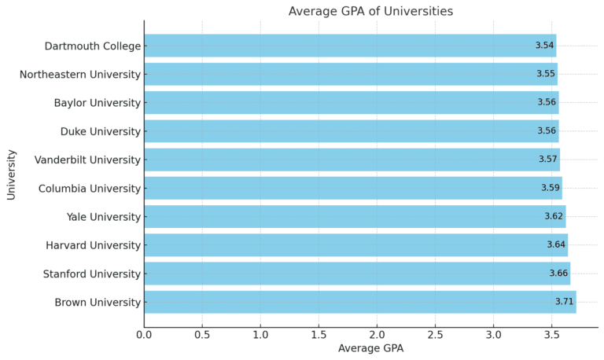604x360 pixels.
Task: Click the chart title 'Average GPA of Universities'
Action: click(370, 11)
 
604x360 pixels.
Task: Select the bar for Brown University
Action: click(359, 303)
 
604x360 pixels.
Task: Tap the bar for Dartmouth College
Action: click(349, 46)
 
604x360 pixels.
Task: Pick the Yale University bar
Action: click(354, 217)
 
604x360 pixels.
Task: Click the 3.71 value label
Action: click(564, 303)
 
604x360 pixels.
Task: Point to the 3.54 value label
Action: click(544, 46)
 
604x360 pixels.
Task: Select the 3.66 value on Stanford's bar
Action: click(558, 274)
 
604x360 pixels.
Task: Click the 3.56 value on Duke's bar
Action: click(547, 131)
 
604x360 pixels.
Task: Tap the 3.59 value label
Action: click(551, 189)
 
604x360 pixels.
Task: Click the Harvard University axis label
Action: click(94, 245)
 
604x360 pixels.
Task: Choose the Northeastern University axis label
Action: click(80, 75)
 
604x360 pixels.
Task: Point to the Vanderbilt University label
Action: click(87, 160)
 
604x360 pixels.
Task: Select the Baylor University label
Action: click(98, 103)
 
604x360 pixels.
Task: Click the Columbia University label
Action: click(90, 189)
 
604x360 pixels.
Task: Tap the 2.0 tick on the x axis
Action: click(377, 335)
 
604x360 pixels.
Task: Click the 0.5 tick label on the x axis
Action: click(202, 335)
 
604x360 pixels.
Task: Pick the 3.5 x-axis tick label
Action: click(551, 335)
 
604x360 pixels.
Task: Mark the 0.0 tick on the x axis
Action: click(144, 335)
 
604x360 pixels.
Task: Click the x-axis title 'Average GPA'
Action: click(370, 348)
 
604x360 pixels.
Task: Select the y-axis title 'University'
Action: click(12, 174)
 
